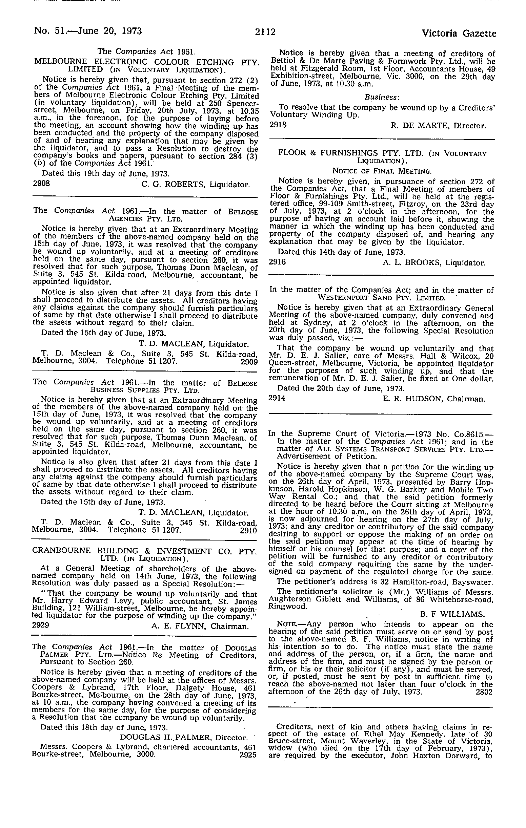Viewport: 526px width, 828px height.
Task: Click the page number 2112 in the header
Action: [x=265, y=32]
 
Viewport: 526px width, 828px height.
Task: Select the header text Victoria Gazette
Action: [x=459, y=33]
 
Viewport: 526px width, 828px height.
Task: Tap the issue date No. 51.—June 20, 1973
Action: [x=88, y=31]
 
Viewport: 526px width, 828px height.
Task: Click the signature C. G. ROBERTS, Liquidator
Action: [x=196, y=185]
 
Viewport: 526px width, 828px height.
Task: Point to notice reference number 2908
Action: [x=41, y=183]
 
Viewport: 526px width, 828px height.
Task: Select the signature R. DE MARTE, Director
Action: [x=438, y=126]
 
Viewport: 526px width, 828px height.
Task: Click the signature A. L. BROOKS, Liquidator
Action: [x=434, y=263]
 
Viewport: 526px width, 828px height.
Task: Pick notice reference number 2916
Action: [x=277, y=262]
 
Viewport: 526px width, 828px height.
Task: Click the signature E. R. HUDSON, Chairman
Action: [x=434, y=399]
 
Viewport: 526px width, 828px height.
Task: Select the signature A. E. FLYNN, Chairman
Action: [x=200, y=627]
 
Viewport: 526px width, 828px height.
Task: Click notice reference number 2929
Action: [x=40, y=625]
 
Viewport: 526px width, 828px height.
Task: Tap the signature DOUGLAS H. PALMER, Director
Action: [x=184, y=738]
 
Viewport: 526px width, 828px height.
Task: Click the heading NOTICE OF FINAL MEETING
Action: [x=382, y=171]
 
